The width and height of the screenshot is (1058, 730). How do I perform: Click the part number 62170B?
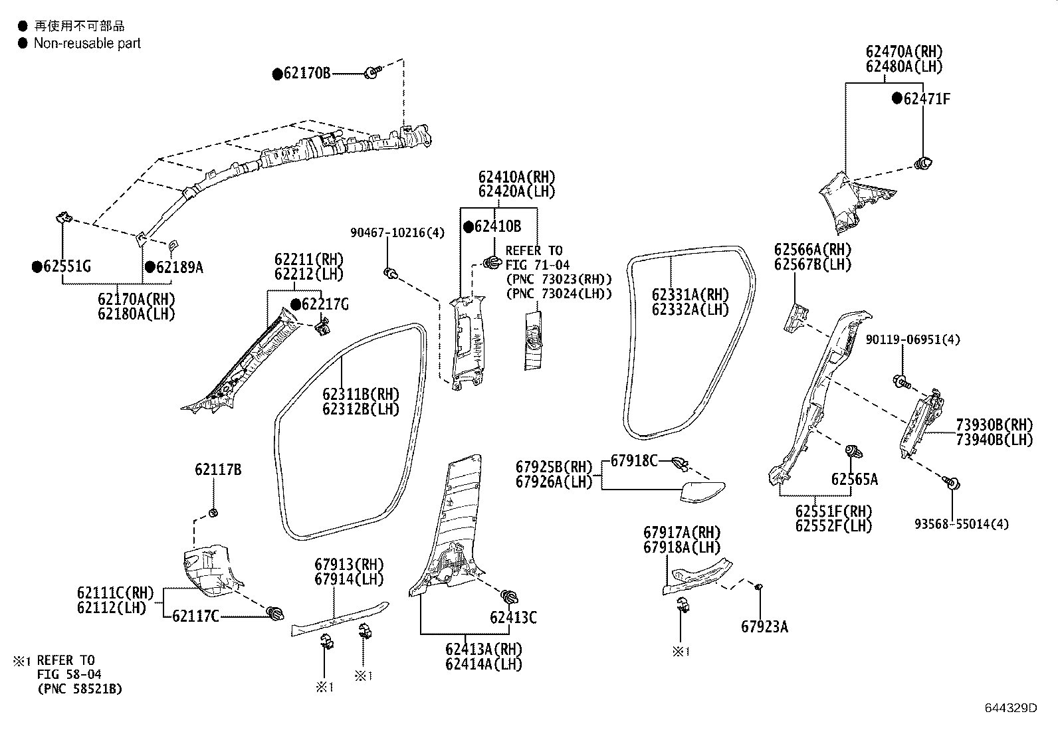[306, 73]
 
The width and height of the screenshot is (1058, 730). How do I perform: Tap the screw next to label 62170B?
[373, 72]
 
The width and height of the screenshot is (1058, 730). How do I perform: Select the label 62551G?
[66, 267]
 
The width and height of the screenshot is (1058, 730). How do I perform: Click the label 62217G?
[324, 304]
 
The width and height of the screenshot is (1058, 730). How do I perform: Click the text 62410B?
[497, 227]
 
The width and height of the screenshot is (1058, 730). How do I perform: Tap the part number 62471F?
[926, 99]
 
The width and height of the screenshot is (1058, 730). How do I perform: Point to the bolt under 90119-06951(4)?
[902, 381]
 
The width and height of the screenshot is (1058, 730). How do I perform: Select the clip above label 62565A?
[851, 452]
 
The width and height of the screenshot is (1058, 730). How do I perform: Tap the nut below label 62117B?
[214, 512]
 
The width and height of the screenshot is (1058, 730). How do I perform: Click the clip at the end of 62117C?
[275, 612]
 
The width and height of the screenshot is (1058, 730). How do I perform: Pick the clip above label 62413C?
[510, 596]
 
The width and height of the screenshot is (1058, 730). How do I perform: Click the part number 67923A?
[764, 626]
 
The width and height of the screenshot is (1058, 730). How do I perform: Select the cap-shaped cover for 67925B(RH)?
[702, 492]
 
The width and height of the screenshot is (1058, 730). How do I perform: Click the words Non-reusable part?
[87, 43]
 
